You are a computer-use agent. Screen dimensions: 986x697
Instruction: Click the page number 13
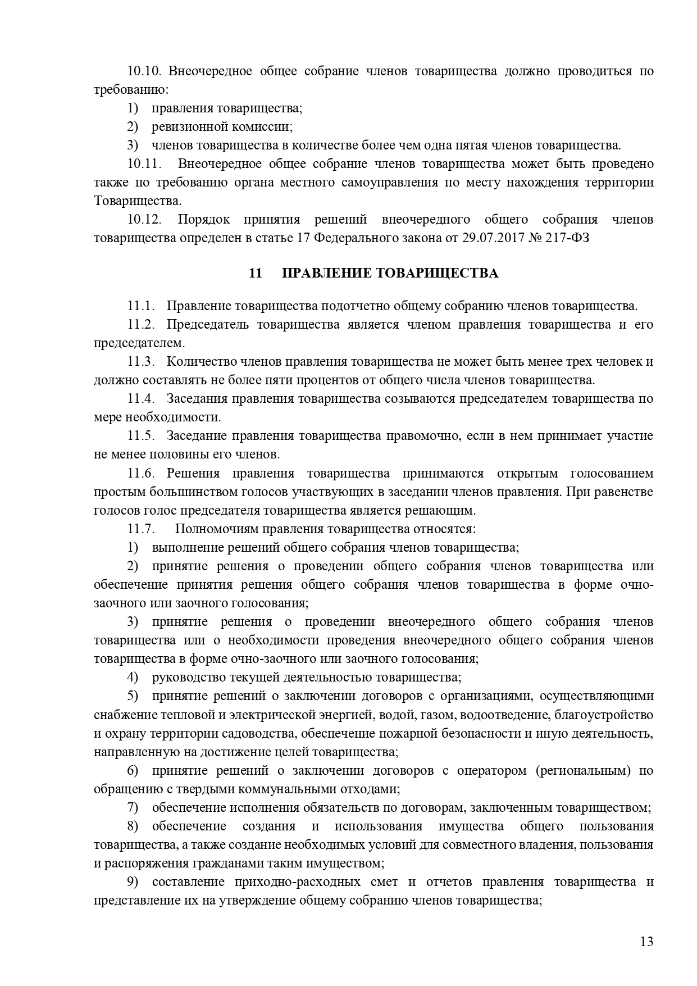pos(646,942)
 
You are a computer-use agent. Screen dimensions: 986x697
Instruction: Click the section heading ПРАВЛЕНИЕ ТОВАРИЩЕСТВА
pos(390,274)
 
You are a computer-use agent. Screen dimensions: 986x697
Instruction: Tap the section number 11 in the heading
pos(256,274)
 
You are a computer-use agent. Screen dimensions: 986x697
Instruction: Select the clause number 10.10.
pos(144,71)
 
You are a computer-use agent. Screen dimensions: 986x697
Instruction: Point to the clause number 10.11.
pos(144,164)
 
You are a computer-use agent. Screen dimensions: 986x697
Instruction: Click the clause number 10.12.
pos(144,220)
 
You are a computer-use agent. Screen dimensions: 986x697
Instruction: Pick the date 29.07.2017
pos(488,238)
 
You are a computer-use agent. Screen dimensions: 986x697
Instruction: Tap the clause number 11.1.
pos(141,306)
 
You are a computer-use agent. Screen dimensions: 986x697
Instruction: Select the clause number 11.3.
pos(141,362)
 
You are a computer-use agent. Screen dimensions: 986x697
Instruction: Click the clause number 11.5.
pos(141,436)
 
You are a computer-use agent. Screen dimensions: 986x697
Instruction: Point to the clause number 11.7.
pos(141,529)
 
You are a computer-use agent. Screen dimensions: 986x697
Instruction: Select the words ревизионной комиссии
pos(222,127)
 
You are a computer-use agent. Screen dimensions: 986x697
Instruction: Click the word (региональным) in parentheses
pos(583,770)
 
